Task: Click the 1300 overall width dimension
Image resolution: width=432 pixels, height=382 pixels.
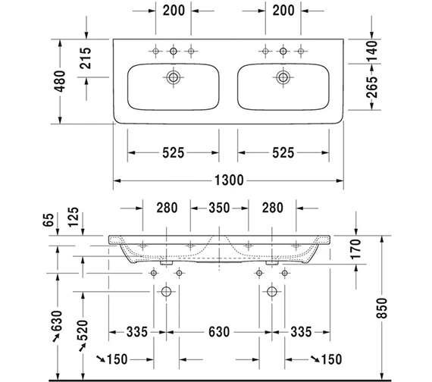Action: [227, 180]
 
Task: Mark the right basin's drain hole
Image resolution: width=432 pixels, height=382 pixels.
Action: [283, 77]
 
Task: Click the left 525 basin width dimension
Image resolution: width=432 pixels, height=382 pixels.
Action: [174, 152]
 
